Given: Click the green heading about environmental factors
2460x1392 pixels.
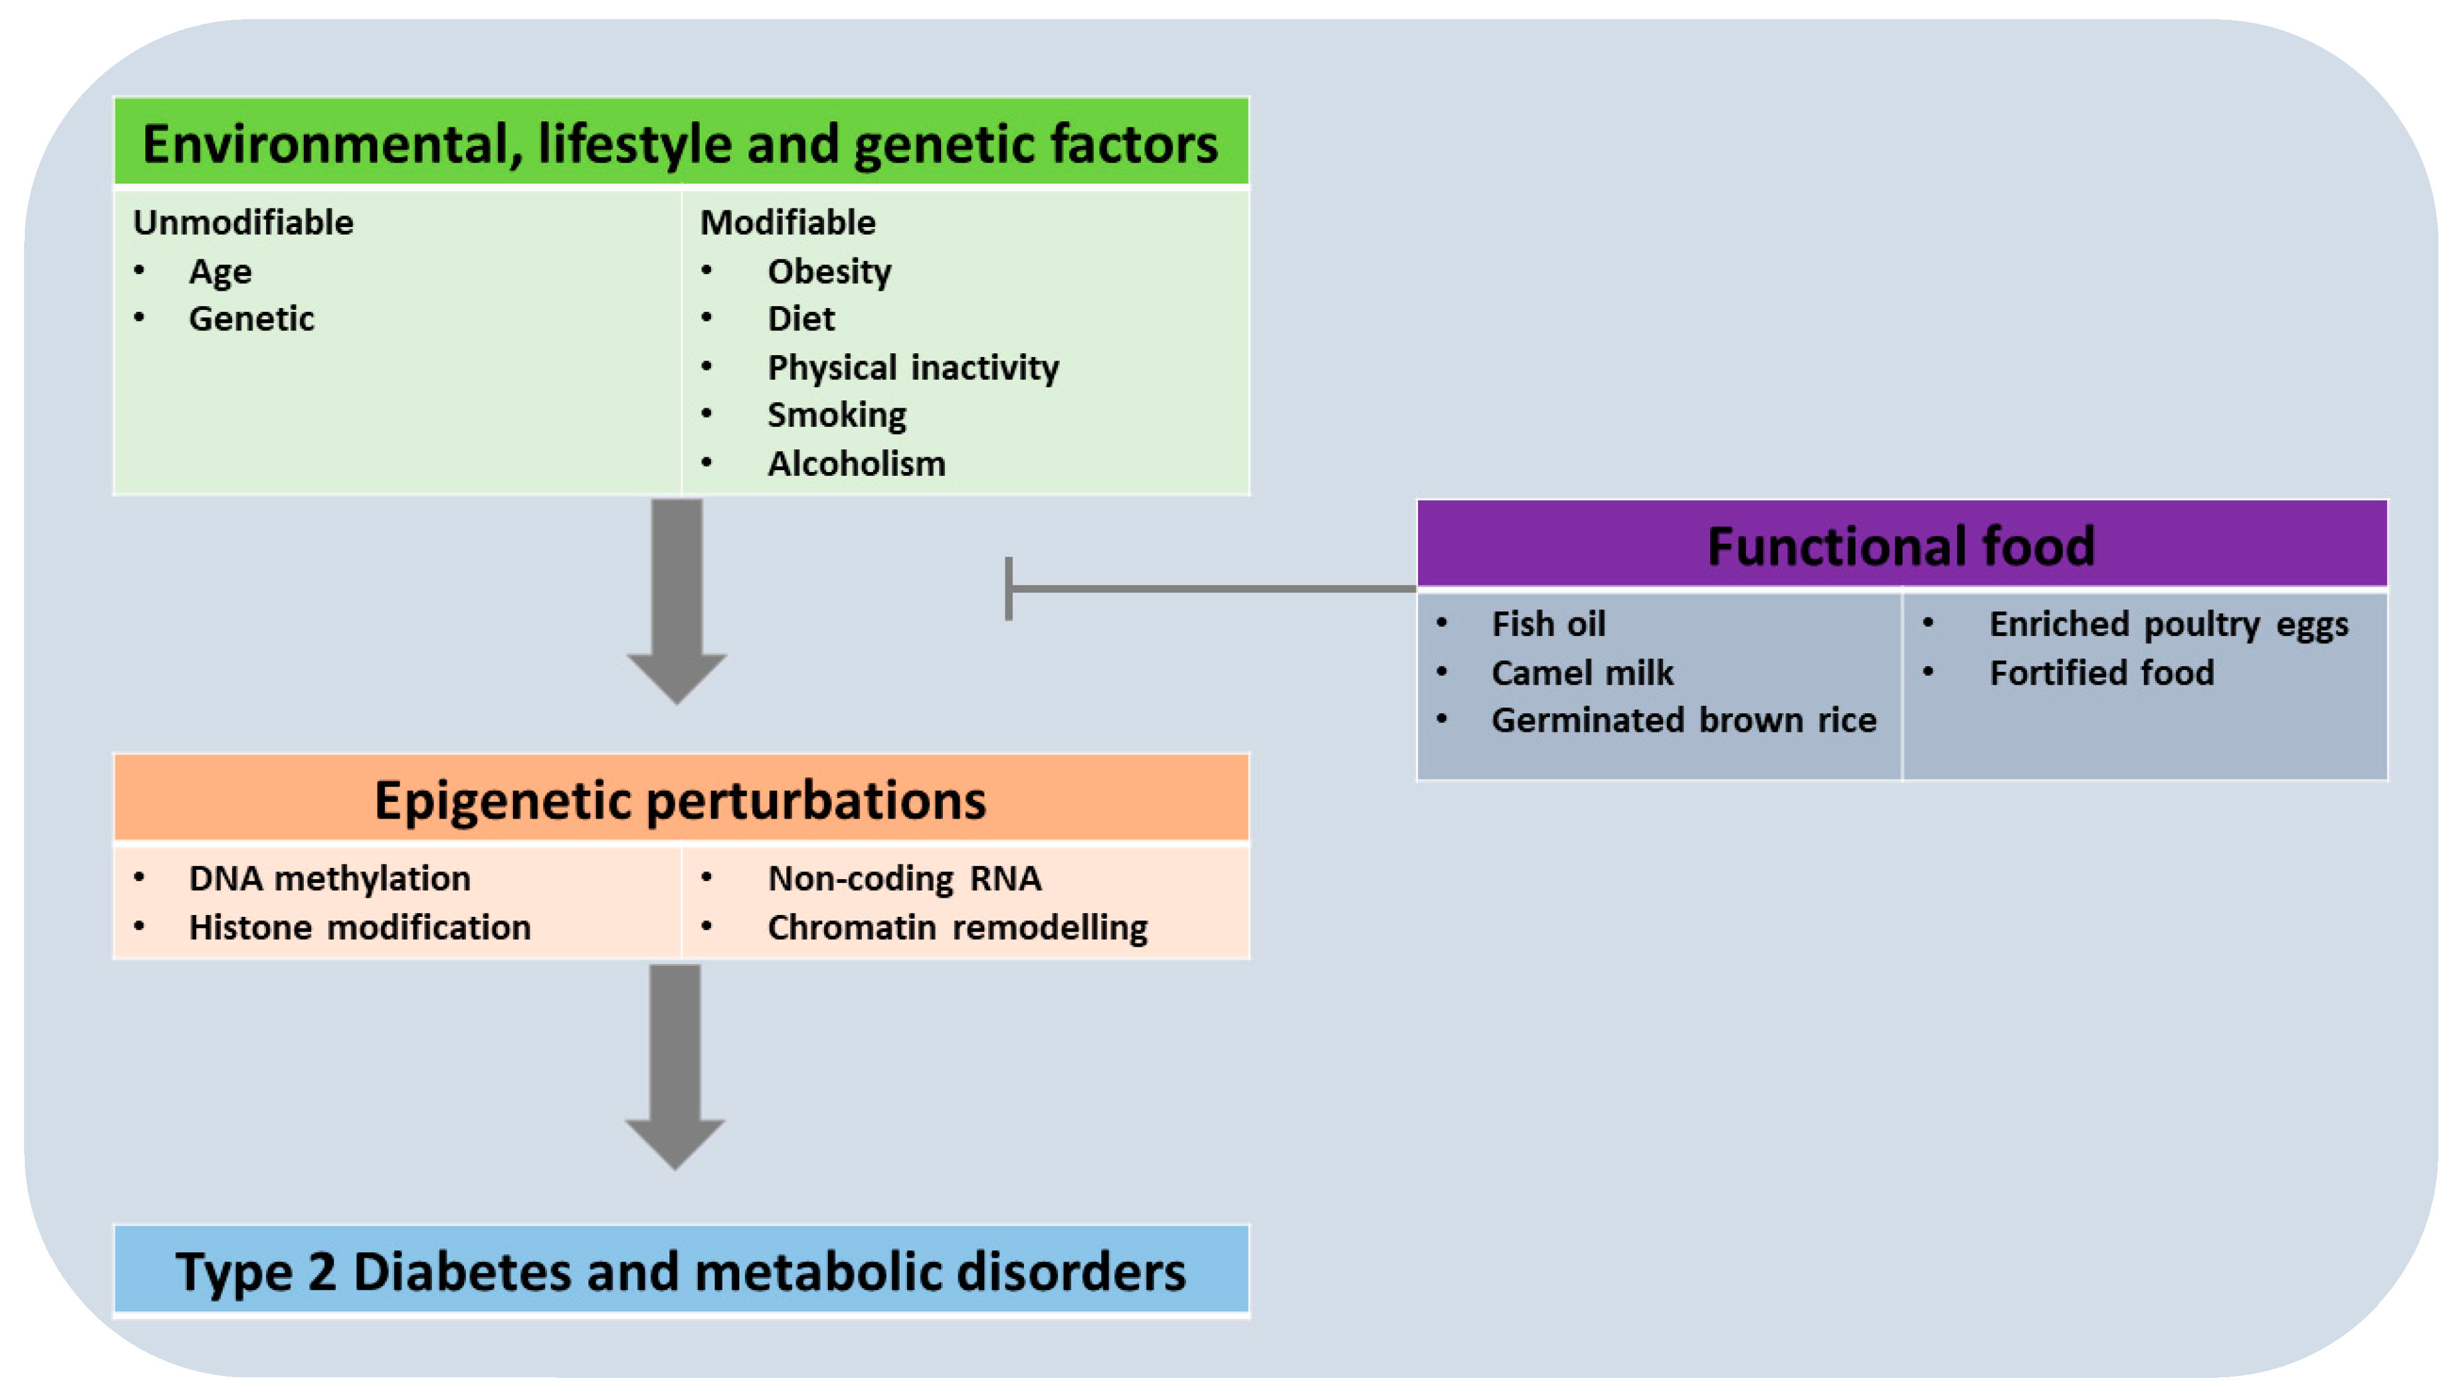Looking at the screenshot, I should tap(680, 144).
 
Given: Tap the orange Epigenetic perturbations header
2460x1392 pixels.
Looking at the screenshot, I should tap(680, 799).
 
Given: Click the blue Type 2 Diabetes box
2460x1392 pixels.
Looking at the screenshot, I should tap(680, 1271).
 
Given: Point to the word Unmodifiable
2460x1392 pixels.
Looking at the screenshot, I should tap(243, 223).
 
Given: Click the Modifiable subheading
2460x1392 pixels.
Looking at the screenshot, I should tap(787, 223).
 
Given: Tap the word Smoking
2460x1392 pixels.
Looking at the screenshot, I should tap(836, 415).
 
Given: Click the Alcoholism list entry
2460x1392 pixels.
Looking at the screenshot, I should tap(856, 463).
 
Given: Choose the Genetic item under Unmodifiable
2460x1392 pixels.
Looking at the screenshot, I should tap(251, 319).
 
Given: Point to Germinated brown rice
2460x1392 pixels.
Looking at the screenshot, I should tap(1683, 720).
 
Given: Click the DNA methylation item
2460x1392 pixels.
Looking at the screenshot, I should tap(329, 879).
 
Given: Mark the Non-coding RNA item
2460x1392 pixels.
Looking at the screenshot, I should tap(903, 879).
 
